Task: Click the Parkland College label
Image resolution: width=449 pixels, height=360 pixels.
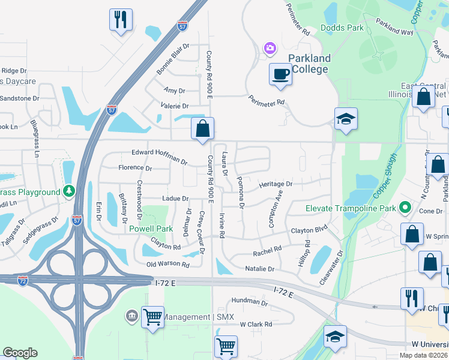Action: (x=309, y=64)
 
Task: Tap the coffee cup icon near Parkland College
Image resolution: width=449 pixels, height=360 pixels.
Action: (x=280, y=74)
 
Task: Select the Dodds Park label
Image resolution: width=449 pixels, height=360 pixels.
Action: (x=342, y=28)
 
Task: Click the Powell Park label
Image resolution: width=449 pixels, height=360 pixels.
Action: (x=151, y=229)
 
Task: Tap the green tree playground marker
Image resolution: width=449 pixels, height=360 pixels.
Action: (x=70, y=191)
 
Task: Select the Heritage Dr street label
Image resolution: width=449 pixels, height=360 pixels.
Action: (x=276, y=184)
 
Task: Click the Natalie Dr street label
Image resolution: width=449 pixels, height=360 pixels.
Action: (x=259, y=269)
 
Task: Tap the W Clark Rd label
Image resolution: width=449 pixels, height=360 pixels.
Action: (x=256, y=324)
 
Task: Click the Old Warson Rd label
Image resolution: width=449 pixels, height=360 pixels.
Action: (x=168, y=265)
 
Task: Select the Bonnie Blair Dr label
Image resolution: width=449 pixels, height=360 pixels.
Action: (x=172, y=59)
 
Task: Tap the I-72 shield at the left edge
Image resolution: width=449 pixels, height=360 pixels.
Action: (x=22, y=281)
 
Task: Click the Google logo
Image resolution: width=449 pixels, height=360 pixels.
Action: (x=20, y=353)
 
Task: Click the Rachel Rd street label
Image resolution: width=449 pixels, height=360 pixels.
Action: (x=267, y=250)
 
